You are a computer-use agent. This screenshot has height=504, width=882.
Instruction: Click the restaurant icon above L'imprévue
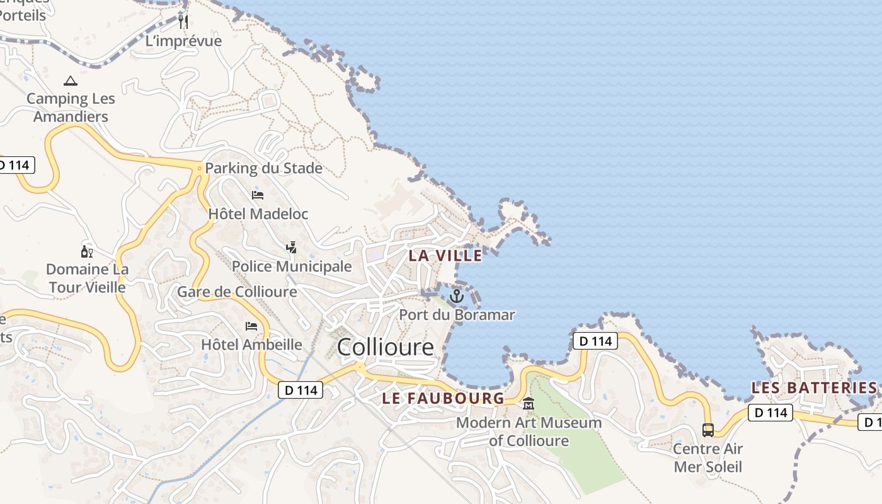pyautogui.click(x=183, y=22)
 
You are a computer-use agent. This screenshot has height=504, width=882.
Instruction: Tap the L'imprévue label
pyautogui.click(x=183, y=42)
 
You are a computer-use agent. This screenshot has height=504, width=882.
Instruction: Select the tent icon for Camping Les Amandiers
pyautogui.click(x=71, y=81)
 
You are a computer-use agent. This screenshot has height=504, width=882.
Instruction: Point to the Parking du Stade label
pyautogui.click(x=263, y=168)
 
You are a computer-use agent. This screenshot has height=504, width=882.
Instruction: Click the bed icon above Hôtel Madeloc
pyautogui.click(x=258, y=195)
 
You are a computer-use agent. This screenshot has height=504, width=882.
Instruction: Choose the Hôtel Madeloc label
pyautogui.click(x=258, y=214)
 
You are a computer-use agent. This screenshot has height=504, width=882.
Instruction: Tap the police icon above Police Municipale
pyautogui.click(x=291, y=248)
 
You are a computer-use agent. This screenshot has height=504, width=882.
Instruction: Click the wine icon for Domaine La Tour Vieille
pyautogui.click(x=87, y=252)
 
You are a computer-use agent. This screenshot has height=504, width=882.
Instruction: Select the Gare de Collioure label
pyautogui.click(x=237, y=292)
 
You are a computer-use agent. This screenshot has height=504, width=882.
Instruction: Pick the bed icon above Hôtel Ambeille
pyautogui.click(x=251, y=326)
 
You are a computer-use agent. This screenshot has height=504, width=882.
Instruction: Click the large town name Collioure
pyautogui.click(x=386, y=347)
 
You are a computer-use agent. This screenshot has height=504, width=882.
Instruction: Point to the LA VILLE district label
pyautogui.click(x=445, y=256)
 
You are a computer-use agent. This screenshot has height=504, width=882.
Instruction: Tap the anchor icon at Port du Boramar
pyautogui.click(x=456, y=296)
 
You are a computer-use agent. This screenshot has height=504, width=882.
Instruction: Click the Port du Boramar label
pyautogui.click(x=457, y=315)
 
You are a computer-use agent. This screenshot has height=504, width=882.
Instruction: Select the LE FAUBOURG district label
pyautogui.click(x=444, y=398)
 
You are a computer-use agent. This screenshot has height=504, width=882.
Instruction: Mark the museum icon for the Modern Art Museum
pyautogui.click(x=529, y=404)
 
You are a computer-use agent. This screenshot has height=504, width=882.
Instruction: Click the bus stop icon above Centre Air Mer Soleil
pyautogui.click(x=708, y=430)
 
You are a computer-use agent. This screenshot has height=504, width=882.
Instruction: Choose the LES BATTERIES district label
pyautogui.click(x=814, y=388)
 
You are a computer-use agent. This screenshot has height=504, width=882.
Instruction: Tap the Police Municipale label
pyautogui.click(x=292, y=266)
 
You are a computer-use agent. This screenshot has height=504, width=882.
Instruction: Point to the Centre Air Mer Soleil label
pyautogui.click(x=708, y=458)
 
